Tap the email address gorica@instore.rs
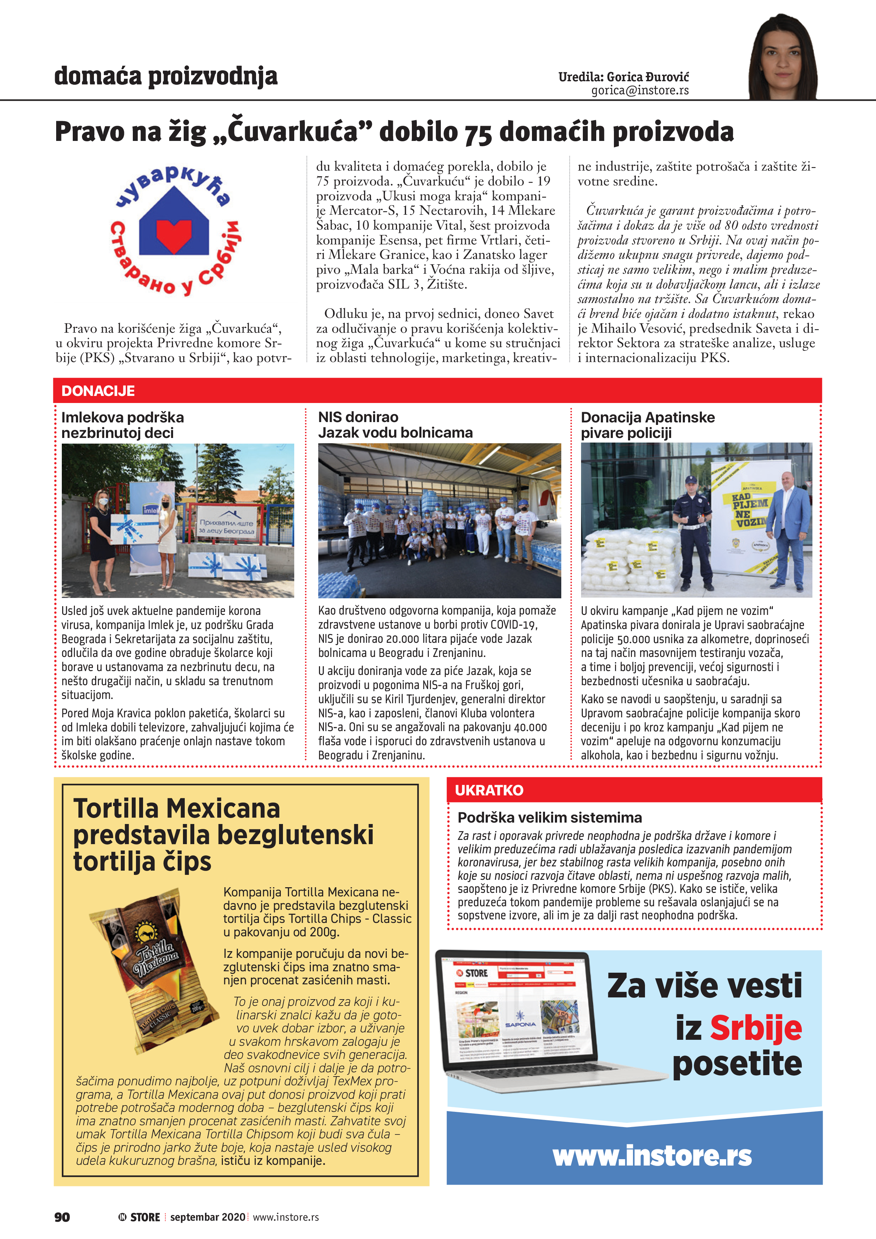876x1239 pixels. (x=640, y=91)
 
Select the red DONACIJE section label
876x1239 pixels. (x=98, y=391)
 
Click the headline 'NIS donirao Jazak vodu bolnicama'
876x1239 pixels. (x=395, y=425)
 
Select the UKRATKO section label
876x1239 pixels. (x=489, y=790)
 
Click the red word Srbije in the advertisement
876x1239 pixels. (x=755, y=1028)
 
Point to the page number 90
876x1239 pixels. (x=62, y=1217)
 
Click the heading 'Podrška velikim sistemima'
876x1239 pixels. (x=550, y=818)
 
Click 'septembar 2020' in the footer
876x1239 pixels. (x=207, y=1217)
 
